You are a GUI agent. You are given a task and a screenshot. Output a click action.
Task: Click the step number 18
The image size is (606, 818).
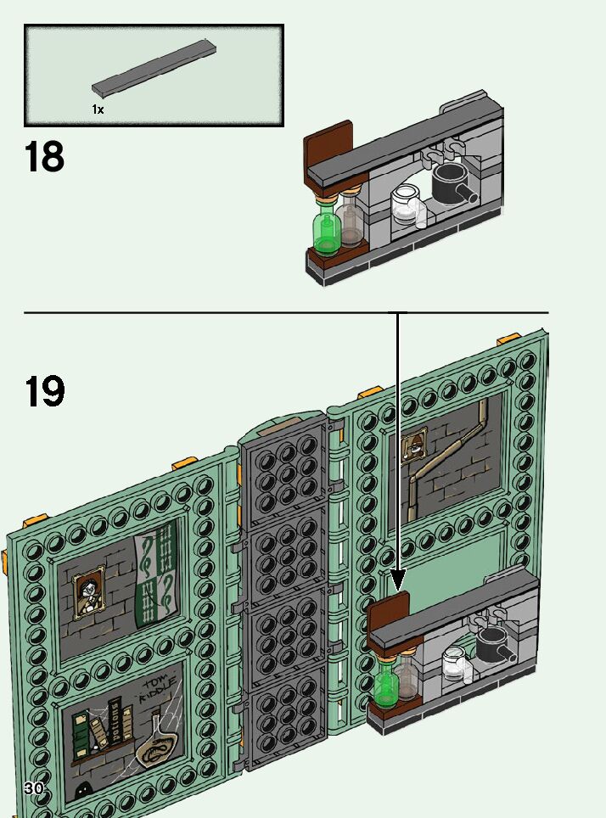[45, 158]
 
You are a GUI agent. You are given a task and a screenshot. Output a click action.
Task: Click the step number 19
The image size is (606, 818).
[45, 391]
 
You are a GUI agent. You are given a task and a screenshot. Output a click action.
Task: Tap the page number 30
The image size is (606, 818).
[34, 788]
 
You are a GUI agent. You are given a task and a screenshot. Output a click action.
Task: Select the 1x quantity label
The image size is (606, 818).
[98, 109]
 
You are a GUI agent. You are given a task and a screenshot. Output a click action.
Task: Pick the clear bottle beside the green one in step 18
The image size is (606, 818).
[350, 221]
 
